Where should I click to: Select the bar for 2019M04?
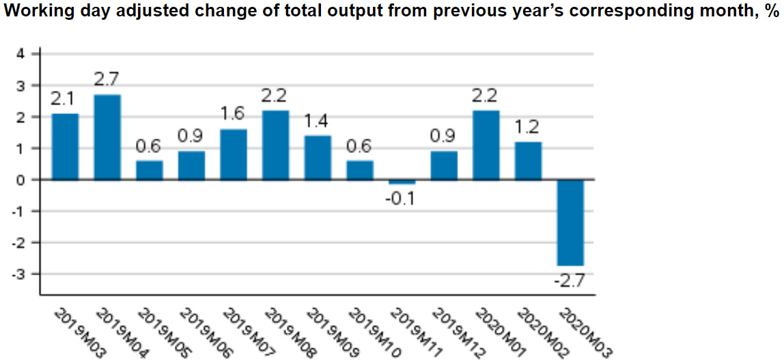pos(107,137)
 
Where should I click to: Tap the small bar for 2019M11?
pos(402,182)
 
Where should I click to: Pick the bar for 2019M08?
pos(276,145)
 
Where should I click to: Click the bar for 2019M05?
pos(150,170)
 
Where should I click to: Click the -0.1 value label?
pos(402,199)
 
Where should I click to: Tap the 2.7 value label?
pos(107,79)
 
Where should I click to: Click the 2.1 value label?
pos(65,98)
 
